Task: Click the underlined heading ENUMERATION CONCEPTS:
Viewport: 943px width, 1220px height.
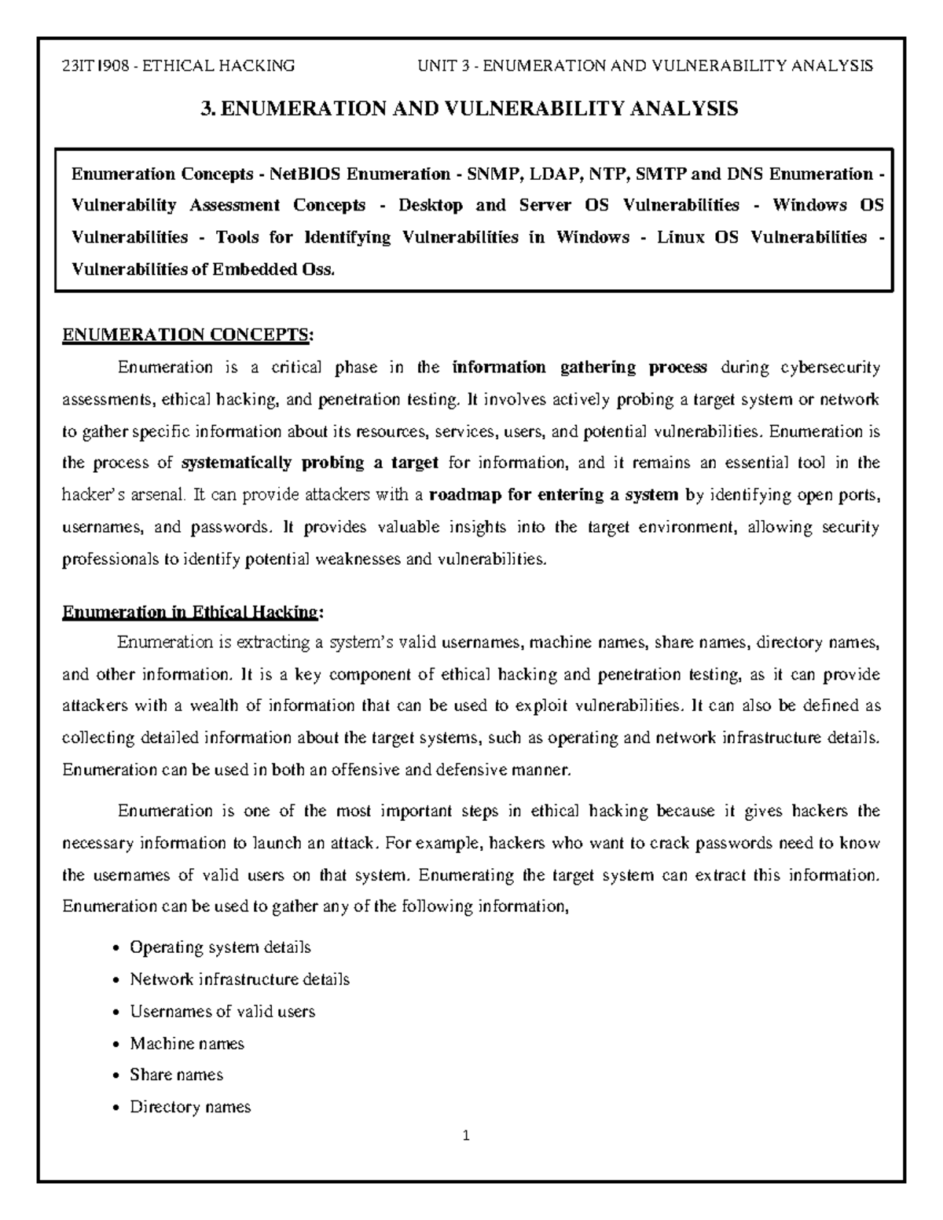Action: tap(187, 335)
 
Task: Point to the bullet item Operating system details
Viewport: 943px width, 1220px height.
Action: tap(220, 947)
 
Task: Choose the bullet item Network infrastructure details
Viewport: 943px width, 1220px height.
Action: tap(240, 980)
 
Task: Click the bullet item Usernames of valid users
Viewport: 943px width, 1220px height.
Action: tap(222, 1012)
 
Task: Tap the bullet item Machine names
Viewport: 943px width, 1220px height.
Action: tap(187, 1043)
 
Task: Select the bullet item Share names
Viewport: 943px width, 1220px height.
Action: tap(176, 1075)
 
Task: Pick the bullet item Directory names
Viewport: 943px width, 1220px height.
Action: tap(190, 1107)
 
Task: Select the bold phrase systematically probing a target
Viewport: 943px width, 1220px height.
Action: tap(310, 463)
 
